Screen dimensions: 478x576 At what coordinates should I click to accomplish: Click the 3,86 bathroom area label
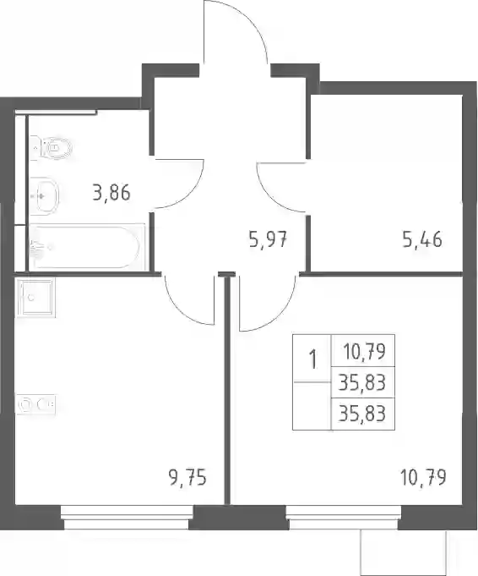(x=111, y=193)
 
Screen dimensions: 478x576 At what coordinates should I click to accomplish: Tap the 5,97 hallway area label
(x=268, y=240)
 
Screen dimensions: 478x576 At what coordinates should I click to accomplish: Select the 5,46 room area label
(x=422, y=240)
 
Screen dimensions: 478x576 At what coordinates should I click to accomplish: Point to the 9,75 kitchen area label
(x=187, y=478)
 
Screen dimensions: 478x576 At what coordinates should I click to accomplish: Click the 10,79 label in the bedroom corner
(x=423, y=478)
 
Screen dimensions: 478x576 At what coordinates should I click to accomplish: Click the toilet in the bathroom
(x=51, y=148)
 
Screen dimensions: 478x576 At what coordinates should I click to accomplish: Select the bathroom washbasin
(x=45, y=196)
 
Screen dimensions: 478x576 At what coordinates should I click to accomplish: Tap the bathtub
(x=87, y=247)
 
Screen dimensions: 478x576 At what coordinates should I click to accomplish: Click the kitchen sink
(x=35, y=297)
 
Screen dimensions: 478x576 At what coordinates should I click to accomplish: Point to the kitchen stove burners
(x=36, y=404)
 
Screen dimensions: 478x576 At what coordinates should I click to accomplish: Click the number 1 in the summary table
(x=312, y=359)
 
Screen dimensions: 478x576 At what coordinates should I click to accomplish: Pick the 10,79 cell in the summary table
(x=364, y=352)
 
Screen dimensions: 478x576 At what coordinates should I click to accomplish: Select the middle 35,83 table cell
(x=362, y=383)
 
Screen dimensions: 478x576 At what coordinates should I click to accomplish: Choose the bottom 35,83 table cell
(x=362, y=414)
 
